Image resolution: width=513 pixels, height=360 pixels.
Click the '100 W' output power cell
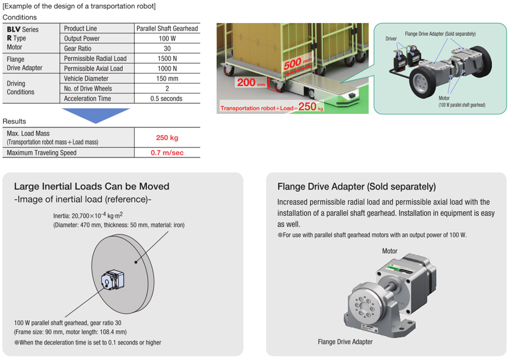[167, 38]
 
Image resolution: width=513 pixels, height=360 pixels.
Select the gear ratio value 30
[167, 48]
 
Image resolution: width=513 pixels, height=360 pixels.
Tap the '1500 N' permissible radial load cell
[167, 58]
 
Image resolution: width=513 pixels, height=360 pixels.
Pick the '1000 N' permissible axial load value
[167, 68]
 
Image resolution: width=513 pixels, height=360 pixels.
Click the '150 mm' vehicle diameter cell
[167, 79]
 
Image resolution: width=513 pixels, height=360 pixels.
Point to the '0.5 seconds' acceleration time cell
[167, 99]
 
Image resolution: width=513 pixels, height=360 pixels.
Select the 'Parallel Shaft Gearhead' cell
[167, 28]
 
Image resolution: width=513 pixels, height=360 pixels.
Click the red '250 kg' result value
[167, 137]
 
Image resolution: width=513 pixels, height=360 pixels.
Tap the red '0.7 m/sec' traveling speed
[167, 153]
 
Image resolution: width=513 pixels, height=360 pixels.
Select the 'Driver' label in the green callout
[391, 39]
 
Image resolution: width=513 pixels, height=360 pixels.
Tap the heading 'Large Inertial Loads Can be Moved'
[91, 187]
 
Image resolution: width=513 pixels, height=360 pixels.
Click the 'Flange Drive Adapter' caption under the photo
[345, 341]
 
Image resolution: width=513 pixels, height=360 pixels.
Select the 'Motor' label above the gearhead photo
[390, 251]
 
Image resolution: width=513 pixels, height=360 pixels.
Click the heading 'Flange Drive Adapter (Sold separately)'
[356, 187]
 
